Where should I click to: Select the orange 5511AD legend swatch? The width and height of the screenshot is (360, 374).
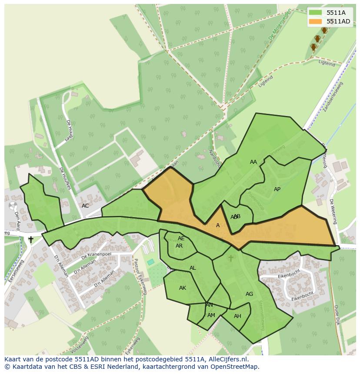tap(315, 21)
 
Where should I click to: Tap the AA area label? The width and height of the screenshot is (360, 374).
tap(253, 162)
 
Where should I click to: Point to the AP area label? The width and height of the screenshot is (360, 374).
tap(277, 189)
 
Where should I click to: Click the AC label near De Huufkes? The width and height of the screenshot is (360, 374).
tap(85, 206)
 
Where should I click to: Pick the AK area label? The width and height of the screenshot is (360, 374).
tap(183, 288)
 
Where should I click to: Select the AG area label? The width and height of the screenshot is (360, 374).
tap(249, 294)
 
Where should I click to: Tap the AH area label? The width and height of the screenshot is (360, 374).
tap(237, 316)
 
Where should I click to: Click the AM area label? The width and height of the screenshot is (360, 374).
tap(211, 315)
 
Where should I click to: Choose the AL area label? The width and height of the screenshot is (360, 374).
tap(193, 268)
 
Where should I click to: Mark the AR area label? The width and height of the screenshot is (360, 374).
tap(179, 246)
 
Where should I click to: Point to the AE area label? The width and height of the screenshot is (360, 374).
tap(181, 238)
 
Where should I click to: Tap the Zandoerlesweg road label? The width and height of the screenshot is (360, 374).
tap(333, 96)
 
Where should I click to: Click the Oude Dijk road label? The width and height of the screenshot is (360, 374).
tap(337, 315)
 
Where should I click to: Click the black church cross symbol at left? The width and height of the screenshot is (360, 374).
tap(31, 239)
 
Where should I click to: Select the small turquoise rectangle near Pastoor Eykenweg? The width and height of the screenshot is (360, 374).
tap(150, 262)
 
